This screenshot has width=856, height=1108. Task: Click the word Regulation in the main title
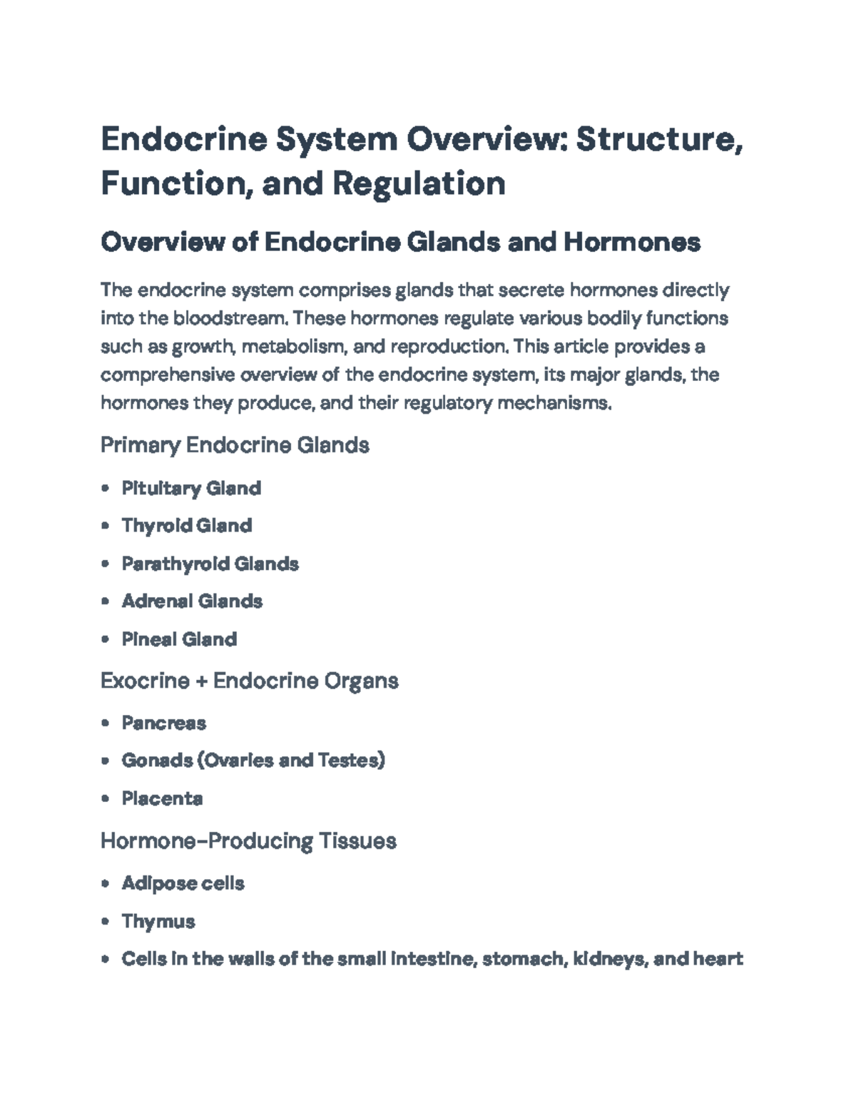coord(419,183)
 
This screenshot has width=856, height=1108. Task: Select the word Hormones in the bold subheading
coord(632,243)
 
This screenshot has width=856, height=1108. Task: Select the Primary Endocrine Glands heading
coord(235,445)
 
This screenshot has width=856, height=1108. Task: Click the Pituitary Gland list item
coord(191,489)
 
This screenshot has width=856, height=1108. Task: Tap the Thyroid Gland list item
coord(187,526)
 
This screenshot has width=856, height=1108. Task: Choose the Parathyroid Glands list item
coord(210,564)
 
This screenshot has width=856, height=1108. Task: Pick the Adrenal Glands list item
coord(192,601)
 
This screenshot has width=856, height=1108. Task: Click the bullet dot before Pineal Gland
coord(106,639)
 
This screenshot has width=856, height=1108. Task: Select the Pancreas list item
coord(163,723)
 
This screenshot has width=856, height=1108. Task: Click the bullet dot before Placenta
coord(106,798)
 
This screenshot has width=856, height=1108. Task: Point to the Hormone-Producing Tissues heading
coord(248,841)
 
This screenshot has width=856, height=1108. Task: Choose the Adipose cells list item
coord(183,884)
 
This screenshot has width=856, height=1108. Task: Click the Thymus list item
coord(158,922)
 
